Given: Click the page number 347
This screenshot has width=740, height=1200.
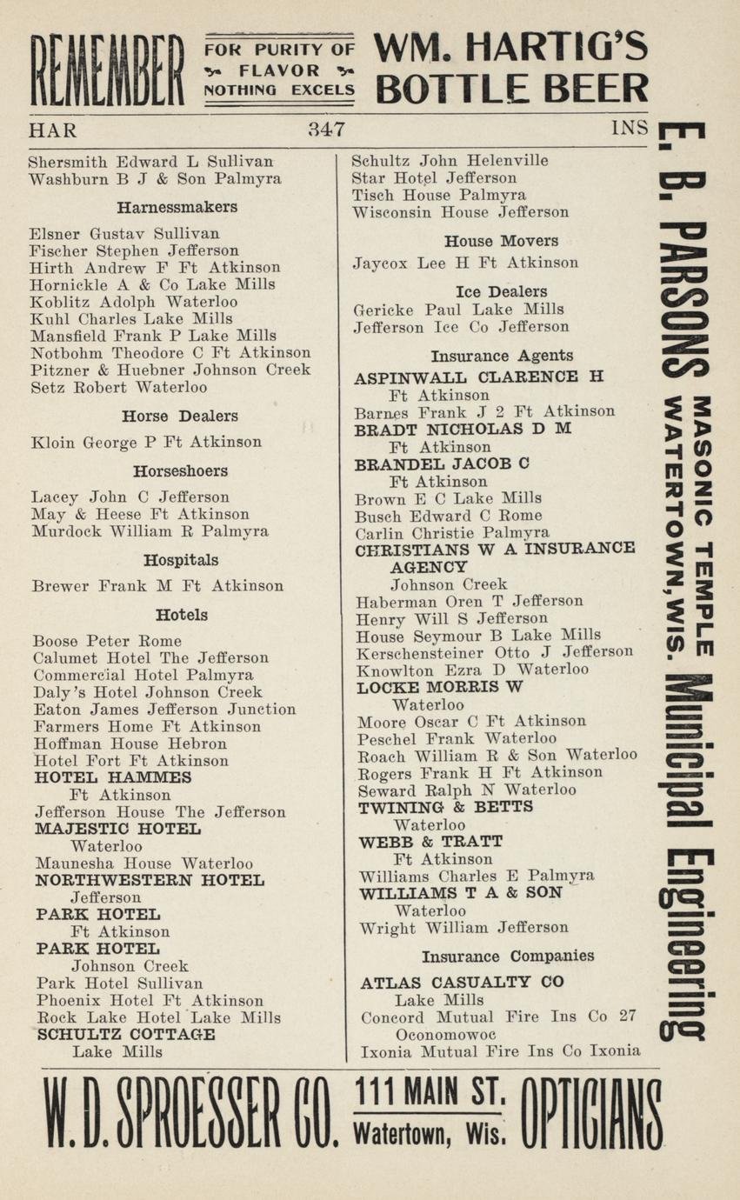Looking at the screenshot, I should [326, 130].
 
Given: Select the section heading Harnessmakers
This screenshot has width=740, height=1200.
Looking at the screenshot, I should [177, 208].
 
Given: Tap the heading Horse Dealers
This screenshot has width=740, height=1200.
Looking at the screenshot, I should [179, 417].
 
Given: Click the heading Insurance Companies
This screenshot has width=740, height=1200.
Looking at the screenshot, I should [508, 957].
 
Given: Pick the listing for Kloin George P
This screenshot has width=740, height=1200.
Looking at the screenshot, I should [146, 443].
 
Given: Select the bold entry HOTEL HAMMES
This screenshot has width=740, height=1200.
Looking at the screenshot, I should [112, 777].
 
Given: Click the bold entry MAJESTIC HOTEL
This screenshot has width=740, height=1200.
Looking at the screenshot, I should [117, 829].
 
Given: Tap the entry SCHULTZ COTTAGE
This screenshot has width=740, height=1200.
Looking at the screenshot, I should [125, 1035].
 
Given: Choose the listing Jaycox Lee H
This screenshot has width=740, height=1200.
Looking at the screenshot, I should [465, 263].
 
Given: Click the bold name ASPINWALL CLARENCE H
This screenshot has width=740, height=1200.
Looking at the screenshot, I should [478, 377].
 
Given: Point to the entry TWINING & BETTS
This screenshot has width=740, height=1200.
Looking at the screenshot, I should [445, 807].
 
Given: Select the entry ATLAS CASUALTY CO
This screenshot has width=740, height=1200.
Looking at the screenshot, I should [462, 983].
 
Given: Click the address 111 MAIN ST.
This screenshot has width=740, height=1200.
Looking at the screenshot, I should [428, 1091].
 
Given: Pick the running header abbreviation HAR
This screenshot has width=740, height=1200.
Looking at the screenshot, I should [52, 130].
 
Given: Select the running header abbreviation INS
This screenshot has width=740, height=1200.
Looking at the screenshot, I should [630, 129].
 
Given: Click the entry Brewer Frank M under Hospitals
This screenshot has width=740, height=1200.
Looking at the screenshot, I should [157, 586].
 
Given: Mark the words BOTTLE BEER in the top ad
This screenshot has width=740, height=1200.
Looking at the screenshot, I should [512, 89].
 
